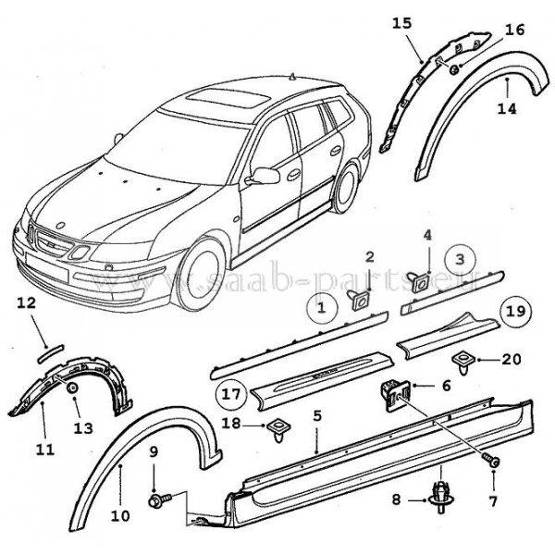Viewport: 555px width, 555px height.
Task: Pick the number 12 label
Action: click(x=26, y=302)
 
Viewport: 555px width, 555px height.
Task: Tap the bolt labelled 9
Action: click(x=155, y=499)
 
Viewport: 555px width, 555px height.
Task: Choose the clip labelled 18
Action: click(x=277, y=426)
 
